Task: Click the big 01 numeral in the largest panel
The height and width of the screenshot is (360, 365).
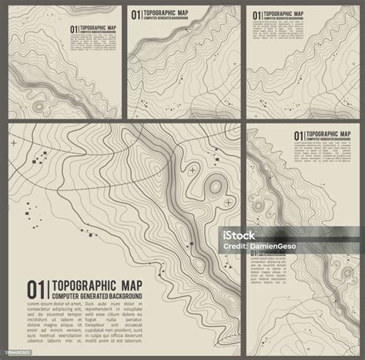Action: (x=35, y=288)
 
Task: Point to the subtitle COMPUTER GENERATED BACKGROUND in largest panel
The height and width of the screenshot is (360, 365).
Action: (x=96, y=296)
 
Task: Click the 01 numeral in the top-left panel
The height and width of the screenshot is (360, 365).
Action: (x=75, y=30)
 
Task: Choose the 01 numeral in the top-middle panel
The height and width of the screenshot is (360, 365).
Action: (x=137, y=14)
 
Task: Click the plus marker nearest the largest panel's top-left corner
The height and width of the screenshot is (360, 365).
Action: (x=15, y=143)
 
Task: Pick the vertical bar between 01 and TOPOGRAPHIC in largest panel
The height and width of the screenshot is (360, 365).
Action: (x=45, y=289)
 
